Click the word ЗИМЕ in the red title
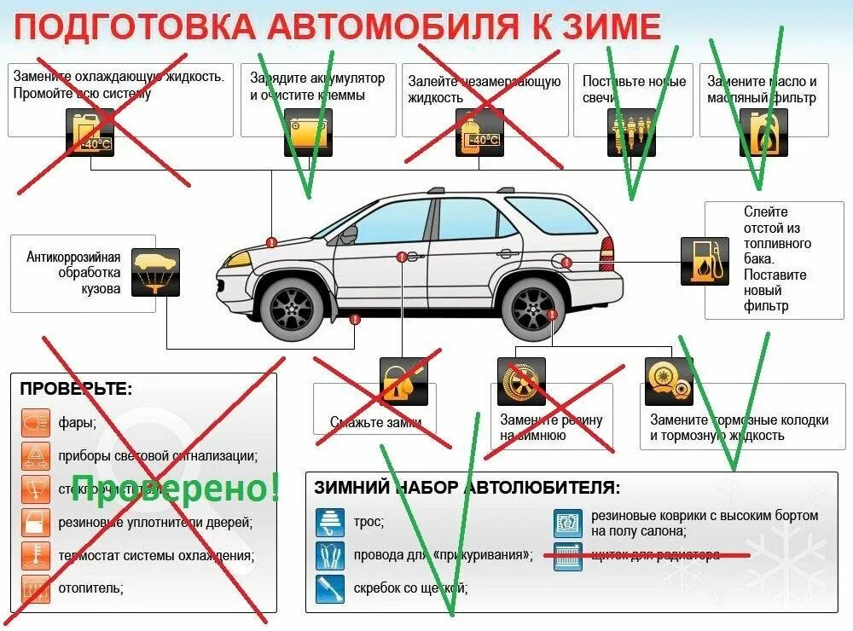pyautogui.click(x=611, y=26)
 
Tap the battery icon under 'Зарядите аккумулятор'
pyautogui.click(x=307, y=132)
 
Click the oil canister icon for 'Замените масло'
pyautogui.click(x=762, y=132)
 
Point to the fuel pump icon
pyautogui.click(x=704, y=261)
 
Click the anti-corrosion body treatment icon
pyautogui.click(x=155, y=272)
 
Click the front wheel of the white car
pyautogui.click(x=291, y=307)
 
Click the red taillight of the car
pyautogui.click(x=606, y=249)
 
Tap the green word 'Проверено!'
pyautogui.click(x=175, y=488)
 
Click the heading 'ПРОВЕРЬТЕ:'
pyautogui.click(x=76, y=389)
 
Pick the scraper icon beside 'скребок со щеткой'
pyautogui.click(x=329, y=588)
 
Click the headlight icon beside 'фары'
pyautogui.click(x=35, y=421)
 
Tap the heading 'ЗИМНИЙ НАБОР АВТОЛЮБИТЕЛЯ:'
pyautogui.click(x=467, y=488)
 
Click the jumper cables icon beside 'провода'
pyautogui.click(x=329, y=555)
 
